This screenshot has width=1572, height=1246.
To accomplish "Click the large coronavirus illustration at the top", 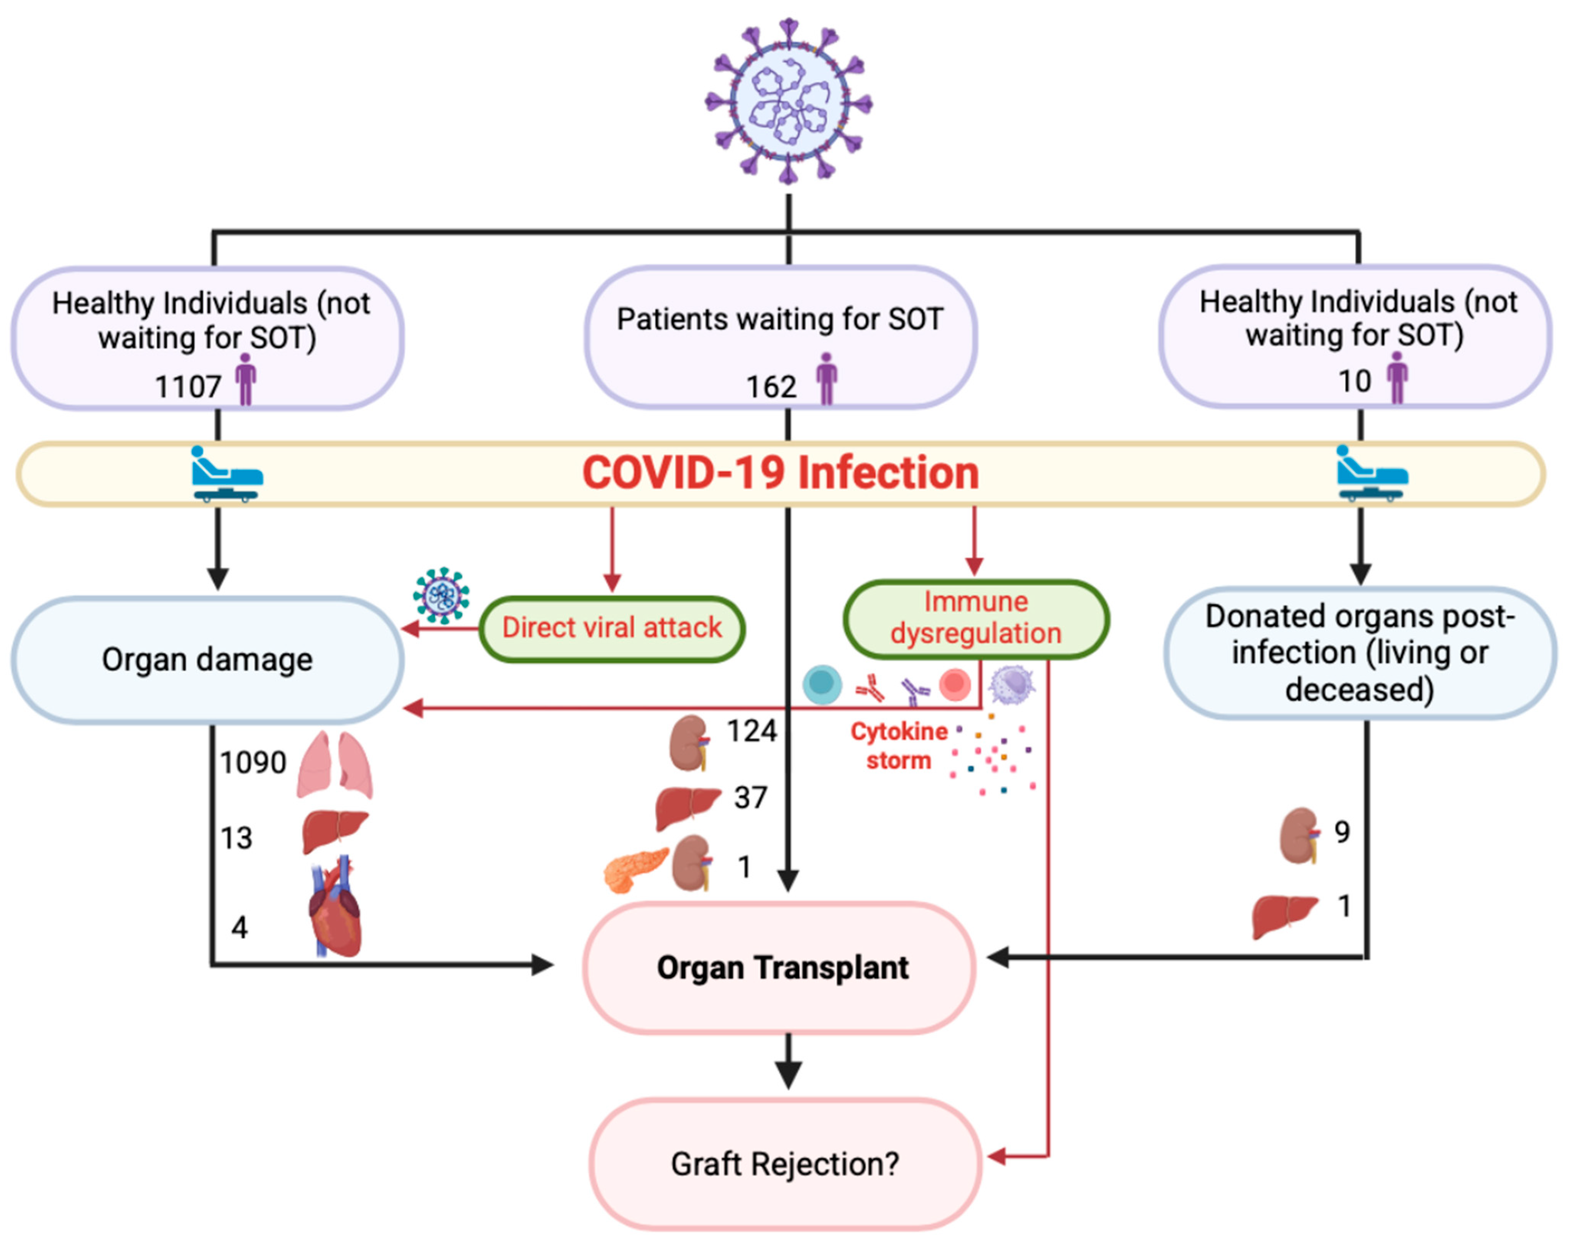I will [x=788, y=101].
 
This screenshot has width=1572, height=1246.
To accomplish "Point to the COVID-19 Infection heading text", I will [x=780, y=473].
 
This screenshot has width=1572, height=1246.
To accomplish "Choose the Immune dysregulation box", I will [x=976, y=618].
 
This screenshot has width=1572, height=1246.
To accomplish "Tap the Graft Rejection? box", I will [x=784, y=1164].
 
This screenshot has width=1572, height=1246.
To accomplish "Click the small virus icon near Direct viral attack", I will [x=441, y=596].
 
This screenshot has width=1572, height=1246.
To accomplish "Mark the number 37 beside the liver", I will [x=750, y=798].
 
